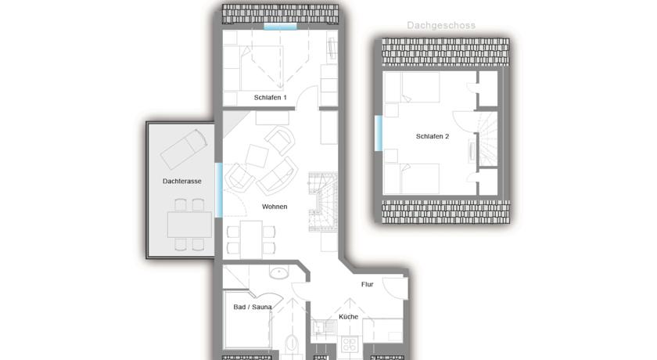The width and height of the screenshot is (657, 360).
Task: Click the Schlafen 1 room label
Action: (271, 98)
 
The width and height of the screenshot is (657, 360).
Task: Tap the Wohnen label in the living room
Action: (275, 207)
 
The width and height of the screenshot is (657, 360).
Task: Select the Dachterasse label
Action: (181, 181)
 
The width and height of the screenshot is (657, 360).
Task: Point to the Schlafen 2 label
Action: (433, 136)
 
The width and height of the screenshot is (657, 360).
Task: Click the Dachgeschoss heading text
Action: (441, 26)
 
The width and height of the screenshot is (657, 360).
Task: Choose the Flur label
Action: (367, 284)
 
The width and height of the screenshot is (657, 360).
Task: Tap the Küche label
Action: (348, 317)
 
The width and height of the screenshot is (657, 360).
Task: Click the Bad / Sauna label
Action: (252, 308)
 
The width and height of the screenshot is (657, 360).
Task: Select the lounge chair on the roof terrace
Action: (184, 149)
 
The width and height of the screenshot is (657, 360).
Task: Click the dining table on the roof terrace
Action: (189, 225)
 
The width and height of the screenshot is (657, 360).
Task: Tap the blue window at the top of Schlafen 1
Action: (280, 27)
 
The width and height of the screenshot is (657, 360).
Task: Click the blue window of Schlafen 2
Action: (379, 133)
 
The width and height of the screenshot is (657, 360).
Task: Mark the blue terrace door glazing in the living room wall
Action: (219, 190)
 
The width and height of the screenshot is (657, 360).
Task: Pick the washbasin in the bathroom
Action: (279, 273)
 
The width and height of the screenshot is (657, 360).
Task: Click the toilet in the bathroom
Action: (292, 344)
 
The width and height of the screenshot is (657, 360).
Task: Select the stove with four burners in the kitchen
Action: (349, 345)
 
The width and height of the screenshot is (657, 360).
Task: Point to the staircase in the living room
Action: (323, 202)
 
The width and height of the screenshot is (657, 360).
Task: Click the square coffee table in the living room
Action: (257, 156)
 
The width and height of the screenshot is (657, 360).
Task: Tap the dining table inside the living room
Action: (251, 239)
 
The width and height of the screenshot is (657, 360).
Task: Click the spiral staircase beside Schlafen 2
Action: (488, 139)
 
